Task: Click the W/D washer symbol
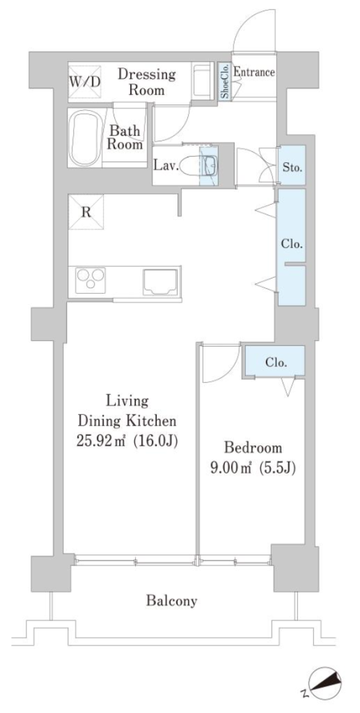click(85, 82)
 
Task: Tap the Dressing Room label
click(146, 81)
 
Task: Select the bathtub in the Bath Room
click(84, 139)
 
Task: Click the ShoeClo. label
click(225, 81)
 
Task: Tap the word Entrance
click(253, 72)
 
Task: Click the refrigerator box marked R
click(86, 212)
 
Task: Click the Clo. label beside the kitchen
click(292, 244)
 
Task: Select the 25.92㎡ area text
click(104, 440)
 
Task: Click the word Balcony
click(172, 601)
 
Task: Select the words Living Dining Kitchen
click(127, 411)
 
